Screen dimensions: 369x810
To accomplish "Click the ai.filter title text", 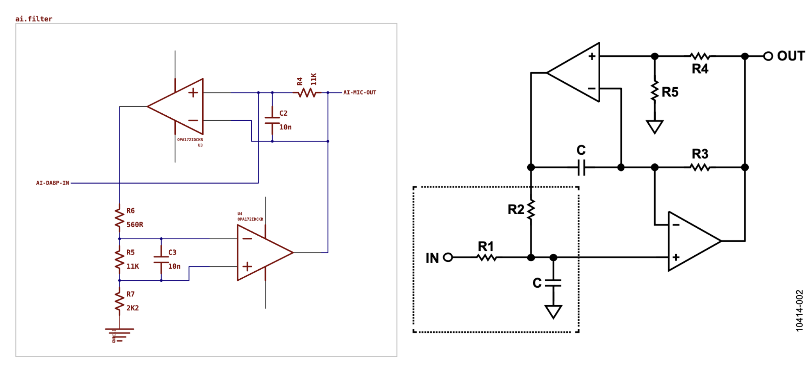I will [x=34, y=19].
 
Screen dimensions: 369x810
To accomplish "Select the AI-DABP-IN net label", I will [x=52, y=183].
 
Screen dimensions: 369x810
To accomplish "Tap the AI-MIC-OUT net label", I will [x=359, y=93].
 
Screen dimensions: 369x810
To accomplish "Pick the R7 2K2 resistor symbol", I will [x=119, y=301].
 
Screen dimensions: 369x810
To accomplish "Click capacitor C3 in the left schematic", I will [x=161, y=259].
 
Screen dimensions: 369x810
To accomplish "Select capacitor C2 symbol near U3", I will [x=272, y=120].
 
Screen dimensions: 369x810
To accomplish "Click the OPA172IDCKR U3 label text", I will [x=190, y=140].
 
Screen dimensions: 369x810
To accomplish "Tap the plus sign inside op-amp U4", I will [x=247, y=267].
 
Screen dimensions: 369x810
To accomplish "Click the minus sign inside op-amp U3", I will [x=193, y=120].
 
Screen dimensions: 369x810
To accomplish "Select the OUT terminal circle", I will [x=768, y=56].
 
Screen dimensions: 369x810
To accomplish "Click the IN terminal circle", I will [x=448, y=257].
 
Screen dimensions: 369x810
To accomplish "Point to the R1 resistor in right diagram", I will [x=486, y=257].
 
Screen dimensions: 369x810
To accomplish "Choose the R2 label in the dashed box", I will [x=516, y=210].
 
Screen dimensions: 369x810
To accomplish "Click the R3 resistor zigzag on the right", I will [x=700, y=167].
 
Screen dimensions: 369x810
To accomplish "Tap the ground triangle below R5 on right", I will [x=655, y=127].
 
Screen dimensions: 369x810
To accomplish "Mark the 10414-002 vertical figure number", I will [x=799, y=311].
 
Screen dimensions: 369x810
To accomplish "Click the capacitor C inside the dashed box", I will [x=553, y=283].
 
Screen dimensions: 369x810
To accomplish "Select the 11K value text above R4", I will [x=313, y=79].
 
